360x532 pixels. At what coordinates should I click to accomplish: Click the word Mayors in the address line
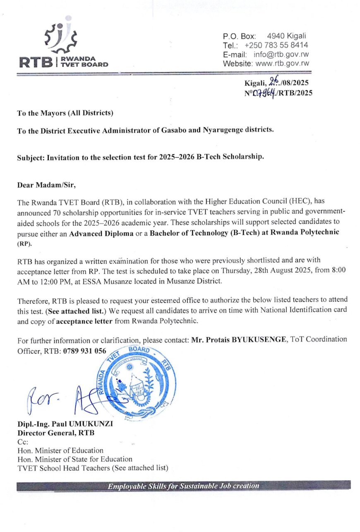coord(46,113)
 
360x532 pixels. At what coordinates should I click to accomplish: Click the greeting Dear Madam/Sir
coord(41,184)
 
